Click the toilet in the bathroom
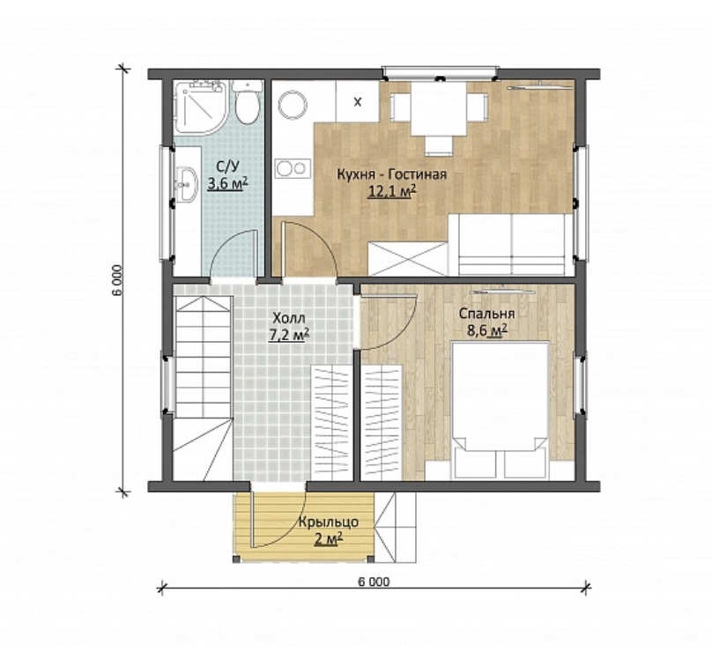pos(248,102)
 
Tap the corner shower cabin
pos(199,107)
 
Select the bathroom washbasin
pos(186,184)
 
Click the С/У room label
pos(227,167)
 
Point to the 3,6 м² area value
pos(227,184)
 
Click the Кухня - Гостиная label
pos(391,174)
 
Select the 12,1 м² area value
pos(392,191)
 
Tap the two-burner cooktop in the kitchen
pos(292,168)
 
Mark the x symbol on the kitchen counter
pos(358,102)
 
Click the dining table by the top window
pos(439,109)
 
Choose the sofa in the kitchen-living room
pos(511,245)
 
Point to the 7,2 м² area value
pos(289,335)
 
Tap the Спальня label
pos(486,314)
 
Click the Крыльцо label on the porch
pos(329,522)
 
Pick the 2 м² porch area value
pos(329,539)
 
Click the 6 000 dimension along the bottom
pos(374,582)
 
